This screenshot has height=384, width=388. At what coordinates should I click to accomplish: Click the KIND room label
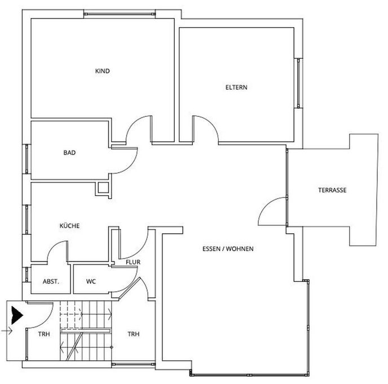point(102,71)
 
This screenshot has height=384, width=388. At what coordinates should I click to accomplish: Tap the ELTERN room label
point(236,88)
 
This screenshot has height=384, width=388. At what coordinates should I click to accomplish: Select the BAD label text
point(69,152)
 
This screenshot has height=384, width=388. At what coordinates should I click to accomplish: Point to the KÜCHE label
point(69,226)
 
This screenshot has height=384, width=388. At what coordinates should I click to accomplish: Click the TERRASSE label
point(332,190)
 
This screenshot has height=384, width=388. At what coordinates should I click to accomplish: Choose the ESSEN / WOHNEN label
point(228,248)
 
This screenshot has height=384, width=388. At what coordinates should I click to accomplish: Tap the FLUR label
point(133,262)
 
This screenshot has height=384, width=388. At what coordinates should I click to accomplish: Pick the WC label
point(91,281)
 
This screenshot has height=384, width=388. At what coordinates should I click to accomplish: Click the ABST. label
point(51,281)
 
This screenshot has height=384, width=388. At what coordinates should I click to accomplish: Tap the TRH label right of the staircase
point(134,334)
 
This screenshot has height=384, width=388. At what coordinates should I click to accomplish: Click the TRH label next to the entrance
point(43,334)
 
